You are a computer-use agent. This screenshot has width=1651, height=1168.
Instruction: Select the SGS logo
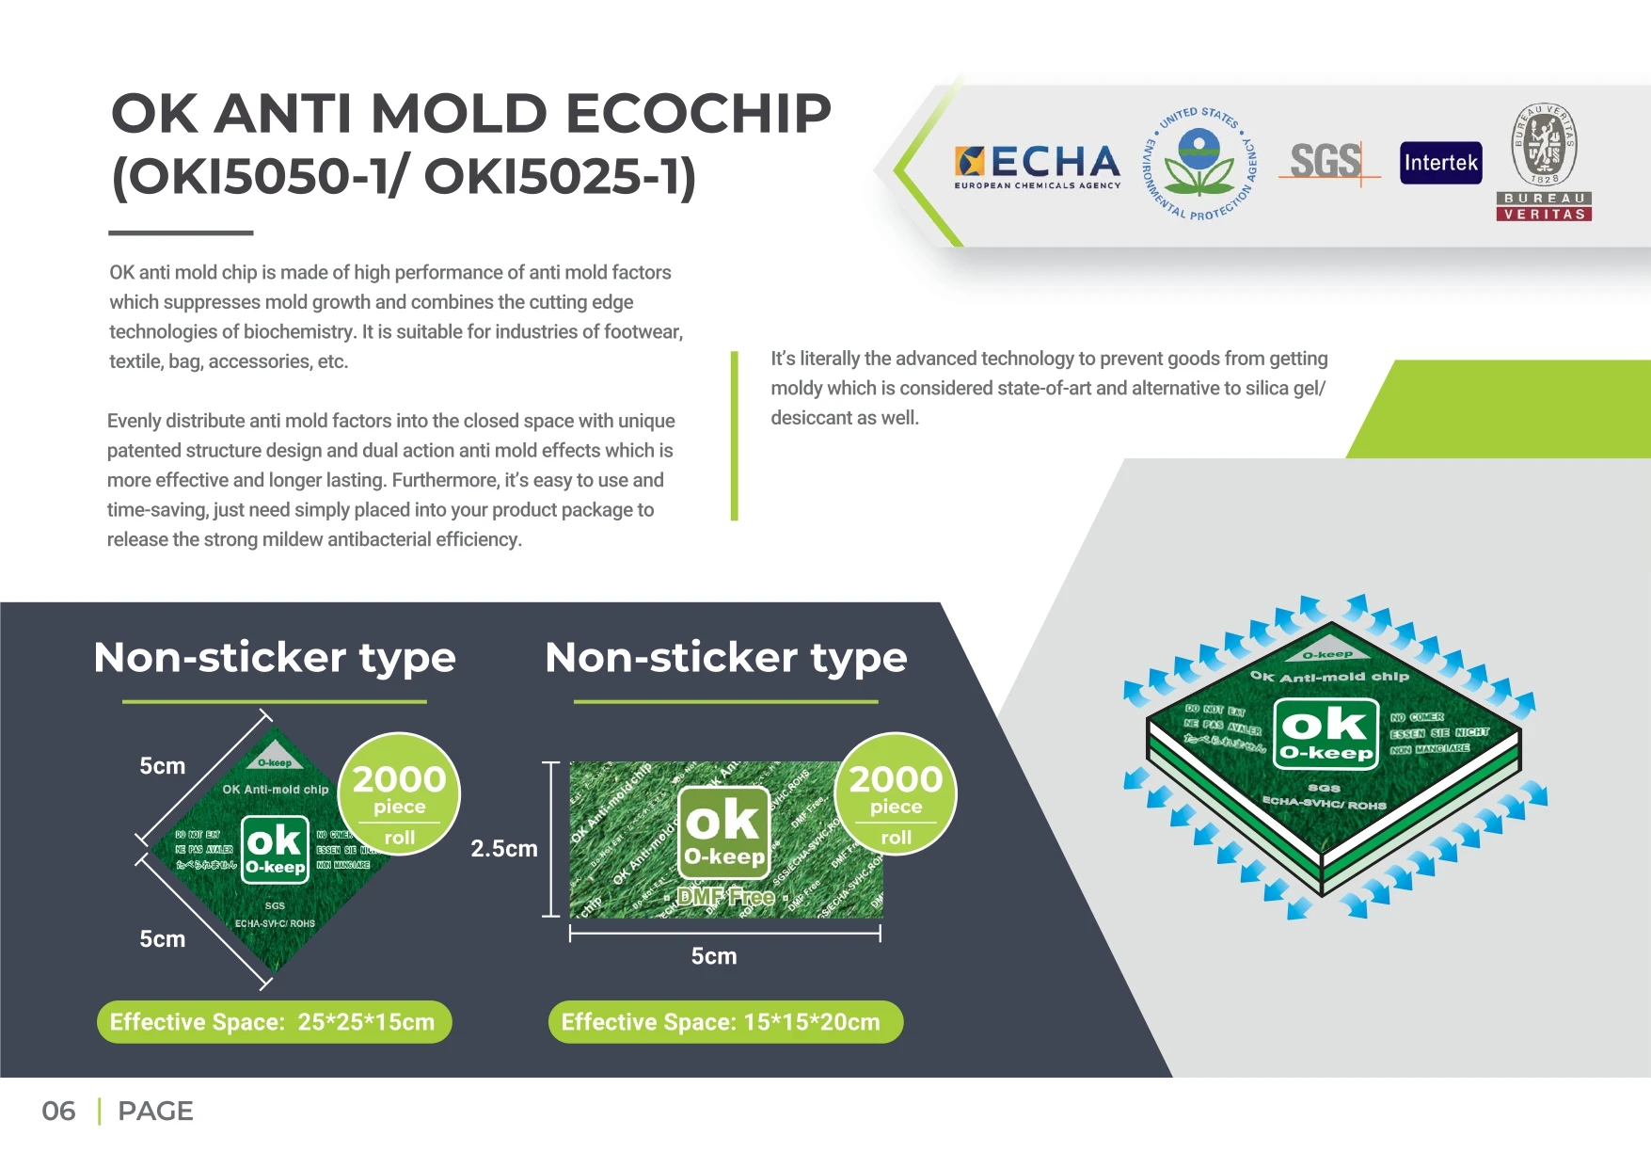(x=1326, y=162)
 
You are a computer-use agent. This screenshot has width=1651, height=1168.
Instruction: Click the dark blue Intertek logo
(x=1440, y=163)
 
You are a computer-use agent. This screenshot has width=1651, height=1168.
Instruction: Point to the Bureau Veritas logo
(x=1544, y=163)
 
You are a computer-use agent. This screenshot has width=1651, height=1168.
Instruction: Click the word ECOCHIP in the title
(x=698, y=114)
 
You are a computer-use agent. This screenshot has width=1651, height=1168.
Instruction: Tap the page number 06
(x=58, y=1111)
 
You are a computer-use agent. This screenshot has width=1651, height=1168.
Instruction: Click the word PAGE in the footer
(x=155, y=1111)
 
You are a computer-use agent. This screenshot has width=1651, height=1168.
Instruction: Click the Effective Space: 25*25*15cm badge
(x=274, y=1022)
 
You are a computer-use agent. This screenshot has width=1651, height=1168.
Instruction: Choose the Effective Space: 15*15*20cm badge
(x=725, y=1022)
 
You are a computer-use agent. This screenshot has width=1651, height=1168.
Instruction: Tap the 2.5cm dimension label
(x=503, y=848)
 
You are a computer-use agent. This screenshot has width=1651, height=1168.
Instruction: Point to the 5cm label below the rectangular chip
(x=714, y=956)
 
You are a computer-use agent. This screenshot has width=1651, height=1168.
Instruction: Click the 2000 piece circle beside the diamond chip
(x=399, y=793)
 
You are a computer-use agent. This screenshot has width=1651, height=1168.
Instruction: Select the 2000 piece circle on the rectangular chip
(x=895, y=793)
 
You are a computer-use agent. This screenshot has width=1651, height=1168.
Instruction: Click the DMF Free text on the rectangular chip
(x=725, y=896)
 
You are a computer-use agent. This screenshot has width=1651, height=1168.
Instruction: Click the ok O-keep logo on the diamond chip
(x=275, y=849)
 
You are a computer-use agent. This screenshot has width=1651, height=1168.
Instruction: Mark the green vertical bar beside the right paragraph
(x=735, y=435)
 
